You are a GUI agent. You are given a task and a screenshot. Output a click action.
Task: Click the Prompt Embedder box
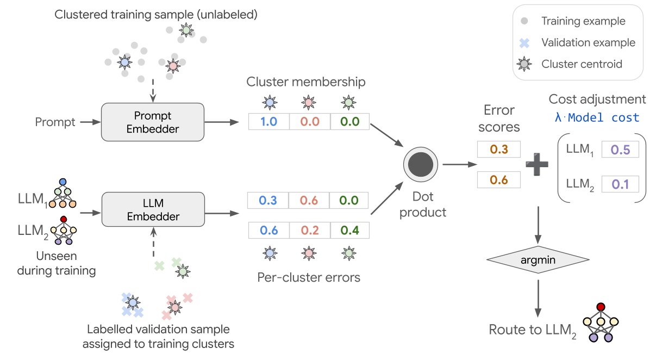coord(152,122)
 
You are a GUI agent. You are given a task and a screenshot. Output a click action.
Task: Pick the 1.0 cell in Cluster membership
coord(268,121)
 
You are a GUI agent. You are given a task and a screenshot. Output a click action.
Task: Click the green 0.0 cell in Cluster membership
coord(348,121)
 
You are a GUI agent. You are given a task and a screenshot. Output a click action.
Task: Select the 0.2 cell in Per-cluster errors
coord(308,230)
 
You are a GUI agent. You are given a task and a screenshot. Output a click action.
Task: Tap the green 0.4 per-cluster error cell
coord(348,230)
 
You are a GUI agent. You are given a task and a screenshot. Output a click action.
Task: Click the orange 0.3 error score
coord(499,149)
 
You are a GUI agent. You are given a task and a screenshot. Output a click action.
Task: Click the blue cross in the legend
coord(524,42)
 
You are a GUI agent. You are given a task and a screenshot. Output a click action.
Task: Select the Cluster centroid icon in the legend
coord(524,64)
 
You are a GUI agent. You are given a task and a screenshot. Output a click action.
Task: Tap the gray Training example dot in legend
coord(524,22)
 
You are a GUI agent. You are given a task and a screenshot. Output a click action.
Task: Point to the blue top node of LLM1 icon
coord(63,181)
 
